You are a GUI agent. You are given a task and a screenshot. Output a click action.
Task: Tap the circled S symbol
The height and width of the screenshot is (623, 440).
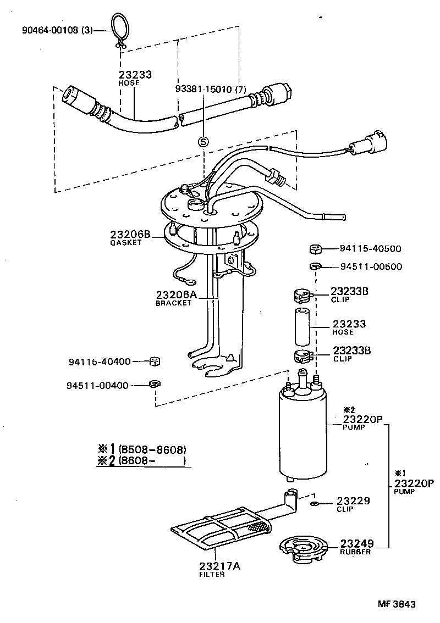tap(203, 142)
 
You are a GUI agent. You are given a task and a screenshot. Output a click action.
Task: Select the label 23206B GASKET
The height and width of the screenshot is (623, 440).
tap(130, 237)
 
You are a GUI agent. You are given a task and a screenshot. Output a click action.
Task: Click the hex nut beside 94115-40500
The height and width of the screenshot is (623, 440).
tap(316, 249)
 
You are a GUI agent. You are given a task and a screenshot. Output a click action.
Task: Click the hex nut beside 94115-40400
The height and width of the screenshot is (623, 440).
tap(155, 361)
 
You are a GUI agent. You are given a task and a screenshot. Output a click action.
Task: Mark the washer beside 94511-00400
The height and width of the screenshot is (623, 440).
tap(155, 383)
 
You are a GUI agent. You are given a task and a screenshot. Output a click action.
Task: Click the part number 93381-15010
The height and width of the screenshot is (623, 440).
tap(210, 88)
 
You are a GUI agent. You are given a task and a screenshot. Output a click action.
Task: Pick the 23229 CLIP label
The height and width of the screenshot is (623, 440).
tap(353, 504)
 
